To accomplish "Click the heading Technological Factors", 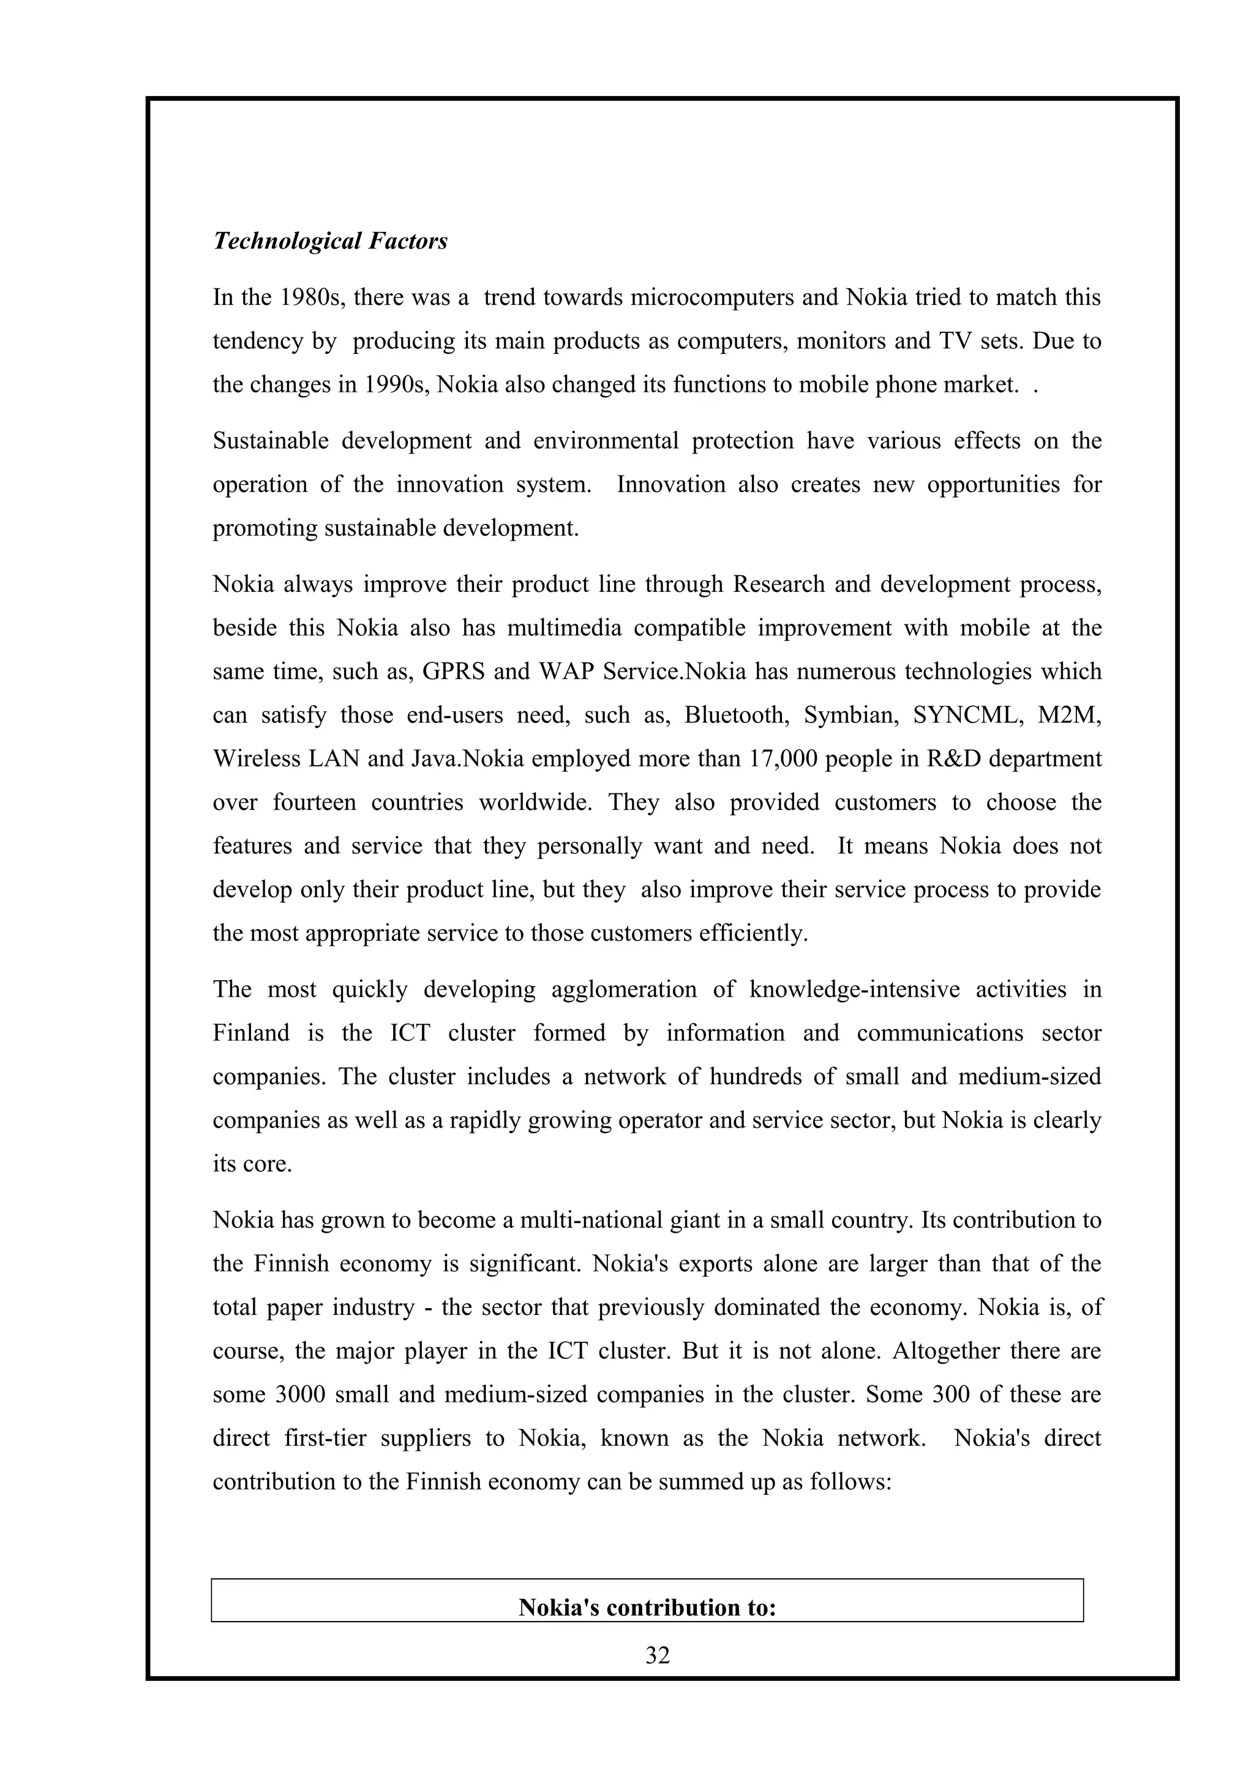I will coord(330,241).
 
